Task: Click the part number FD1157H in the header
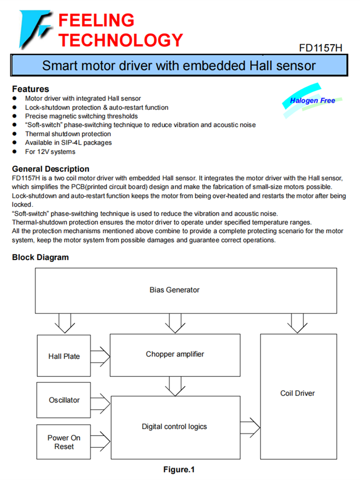tap(320, 48)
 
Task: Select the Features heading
tap(30, 89)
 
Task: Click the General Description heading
tap(50, 169)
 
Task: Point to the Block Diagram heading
tap(40, 257)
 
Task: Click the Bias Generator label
tap(174, 290)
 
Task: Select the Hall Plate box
tap(64, 356)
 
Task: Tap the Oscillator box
tap(64, 400)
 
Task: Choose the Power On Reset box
tap(64, 442)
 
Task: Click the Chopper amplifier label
tap(175, 354)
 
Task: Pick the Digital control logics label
tap(174, 426)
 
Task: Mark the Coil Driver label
tap(298, 393)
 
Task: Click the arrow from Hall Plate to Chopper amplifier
tap(100, 356)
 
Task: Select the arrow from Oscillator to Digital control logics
tap(100, 400)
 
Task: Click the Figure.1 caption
tap(179, 469)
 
